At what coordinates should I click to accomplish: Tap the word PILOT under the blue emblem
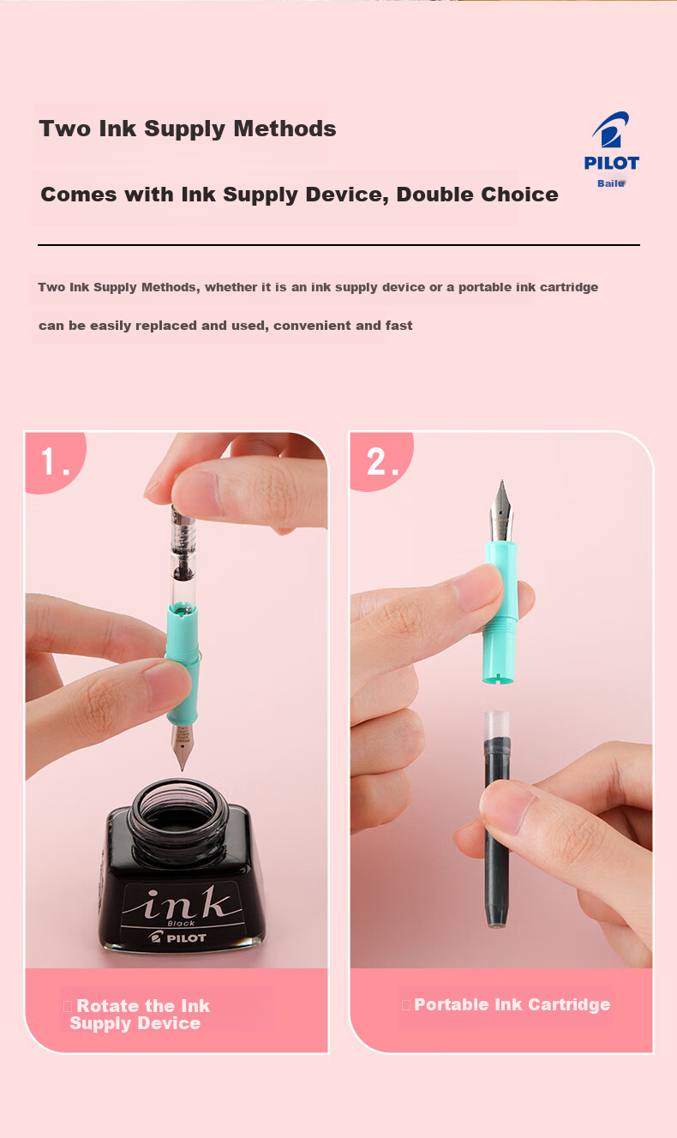point(612,163)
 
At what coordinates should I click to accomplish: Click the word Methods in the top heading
point(285,129)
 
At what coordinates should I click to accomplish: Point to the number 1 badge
point(56,462)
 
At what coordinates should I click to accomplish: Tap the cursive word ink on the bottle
point(181,902)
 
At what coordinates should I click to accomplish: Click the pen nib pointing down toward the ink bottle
point(182,746)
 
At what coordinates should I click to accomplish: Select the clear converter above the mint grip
point(183,554)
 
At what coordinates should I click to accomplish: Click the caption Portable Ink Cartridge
point(512,1004)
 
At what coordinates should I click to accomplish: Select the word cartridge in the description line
point(569,287)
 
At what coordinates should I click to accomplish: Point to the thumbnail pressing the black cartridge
point(506,804)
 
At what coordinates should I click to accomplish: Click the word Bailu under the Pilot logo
point(611,183)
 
